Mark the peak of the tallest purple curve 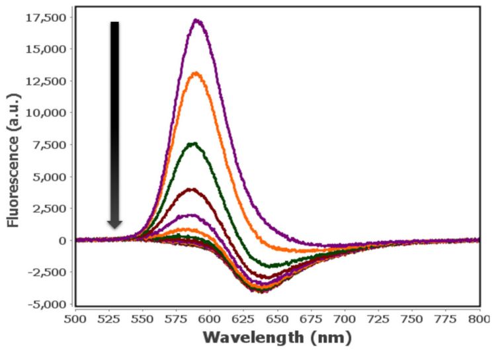click(196, 20)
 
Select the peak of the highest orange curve click(196, 73)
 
